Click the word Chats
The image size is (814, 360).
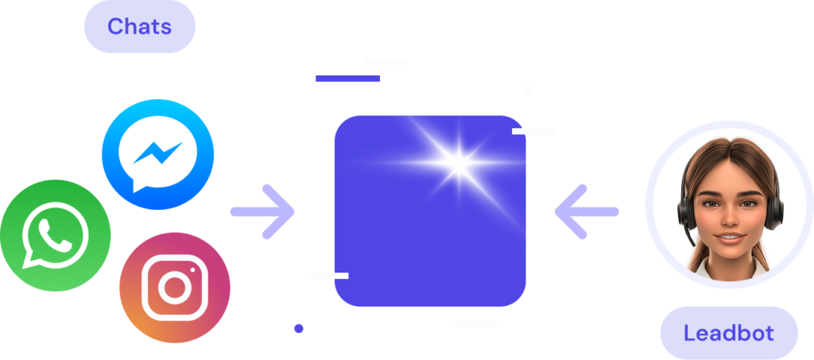pos(139,26)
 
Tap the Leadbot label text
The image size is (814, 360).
pos(728,332)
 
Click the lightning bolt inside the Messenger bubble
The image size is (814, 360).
pos(157,152)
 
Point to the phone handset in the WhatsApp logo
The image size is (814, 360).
pos(55,234)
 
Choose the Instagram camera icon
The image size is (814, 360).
pos(174,287)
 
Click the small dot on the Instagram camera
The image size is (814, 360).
pos(192,269)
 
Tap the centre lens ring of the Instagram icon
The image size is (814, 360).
pos(174,288)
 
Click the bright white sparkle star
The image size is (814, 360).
pos(458,163)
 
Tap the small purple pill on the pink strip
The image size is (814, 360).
pos(299,331)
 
